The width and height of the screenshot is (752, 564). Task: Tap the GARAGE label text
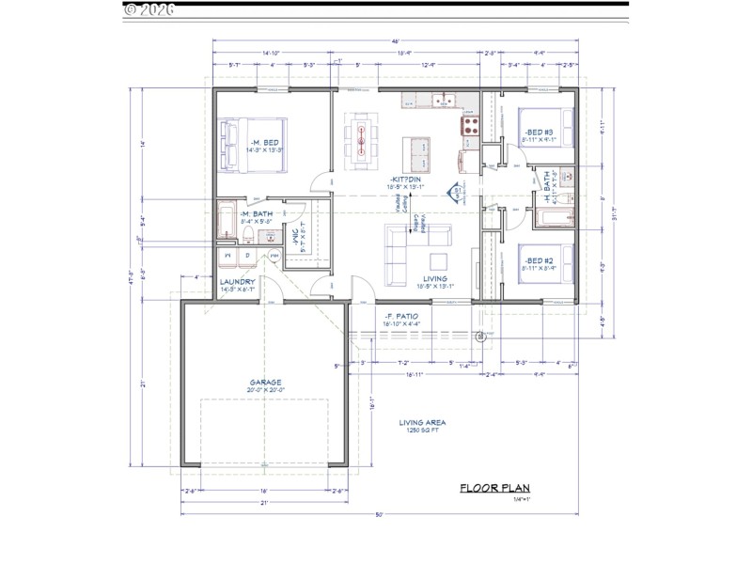point(266,383)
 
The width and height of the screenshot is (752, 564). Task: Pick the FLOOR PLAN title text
point(494,488)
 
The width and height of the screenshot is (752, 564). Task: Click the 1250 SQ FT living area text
point(422,431)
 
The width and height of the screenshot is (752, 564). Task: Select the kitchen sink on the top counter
point(444,99)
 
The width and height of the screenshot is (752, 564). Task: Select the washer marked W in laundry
point(227,255)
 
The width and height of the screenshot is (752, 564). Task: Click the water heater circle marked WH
point(274,255)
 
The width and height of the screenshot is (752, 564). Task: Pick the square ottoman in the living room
point(439,260)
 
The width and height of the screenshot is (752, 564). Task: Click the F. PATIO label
point(401,317)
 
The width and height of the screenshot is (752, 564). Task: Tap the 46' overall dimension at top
point(396,41)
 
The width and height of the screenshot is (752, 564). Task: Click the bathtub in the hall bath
point(551,220)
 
